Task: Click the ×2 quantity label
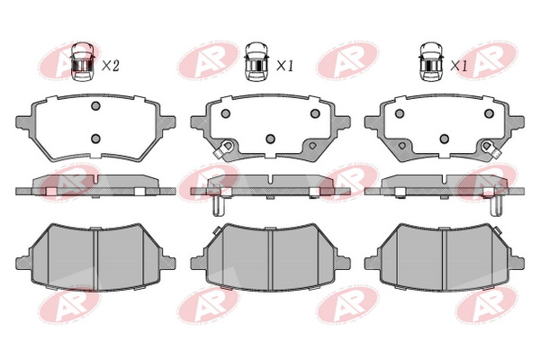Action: pos(111,66)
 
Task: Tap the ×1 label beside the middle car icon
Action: pos(284,66)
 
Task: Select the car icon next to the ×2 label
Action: pos(83,62)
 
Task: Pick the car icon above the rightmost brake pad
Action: pos(431,62)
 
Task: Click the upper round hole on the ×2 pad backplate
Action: pos(95,106)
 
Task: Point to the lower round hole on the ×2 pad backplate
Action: pos(95,139)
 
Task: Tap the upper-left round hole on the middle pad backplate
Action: pos(226,113)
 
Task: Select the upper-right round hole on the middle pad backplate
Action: pos(315,113)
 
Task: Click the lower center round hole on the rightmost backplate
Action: pos(445,139)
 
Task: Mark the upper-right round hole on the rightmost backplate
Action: pos(489,113)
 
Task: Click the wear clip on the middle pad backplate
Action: pos(223,148)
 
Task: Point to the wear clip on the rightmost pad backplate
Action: pos(490,148)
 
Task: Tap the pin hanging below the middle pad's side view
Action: pos(217,206)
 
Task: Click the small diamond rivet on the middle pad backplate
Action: pos(312,146)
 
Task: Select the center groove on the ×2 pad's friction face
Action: pos(96,258)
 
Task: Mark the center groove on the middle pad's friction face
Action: pos(270,258)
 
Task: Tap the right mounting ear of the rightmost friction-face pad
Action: pos(516,263)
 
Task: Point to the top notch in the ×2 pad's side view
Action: pos(96,179)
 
